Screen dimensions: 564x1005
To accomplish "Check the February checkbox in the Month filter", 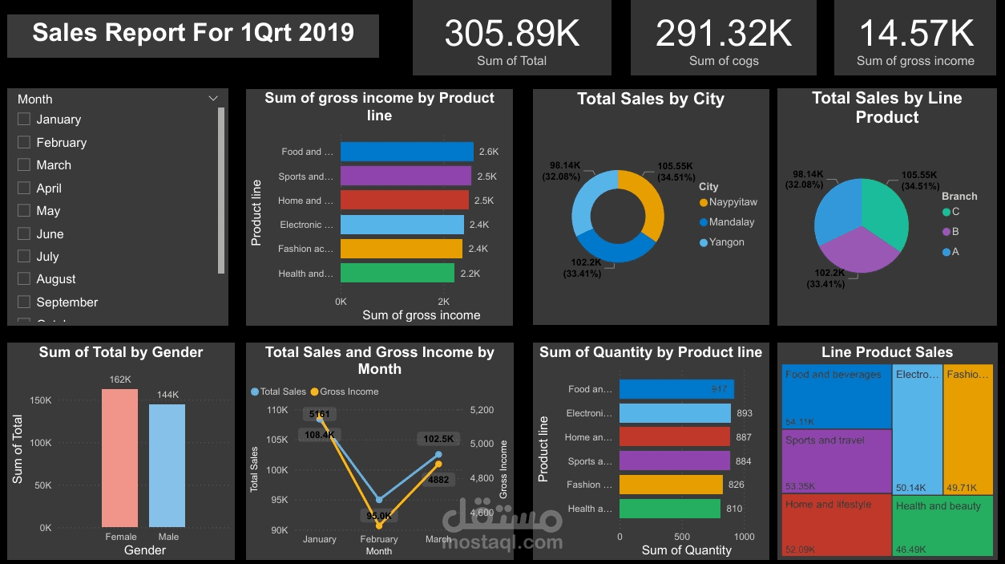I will (24, 142).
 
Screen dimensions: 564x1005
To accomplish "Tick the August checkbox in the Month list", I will (24, 279).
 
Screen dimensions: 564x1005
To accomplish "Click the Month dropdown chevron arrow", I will (213, 99).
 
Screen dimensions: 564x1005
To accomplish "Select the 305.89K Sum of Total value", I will (511, 34).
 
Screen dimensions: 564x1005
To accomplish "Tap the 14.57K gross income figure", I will (915, 34).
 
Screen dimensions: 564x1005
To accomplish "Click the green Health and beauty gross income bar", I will (397, 273).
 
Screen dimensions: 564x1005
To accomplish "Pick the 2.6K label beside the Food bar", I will (489, 152).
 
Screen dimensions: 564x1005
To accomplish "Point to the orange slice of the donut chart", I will (652, 201).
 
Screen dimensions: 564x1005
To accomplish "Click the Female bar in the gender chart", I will (119, 457).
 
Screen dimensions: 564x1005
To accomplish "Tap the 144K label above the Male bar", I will (167, 395).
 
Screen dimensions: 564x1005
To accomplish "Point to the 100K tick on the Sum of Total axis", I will (40, 443).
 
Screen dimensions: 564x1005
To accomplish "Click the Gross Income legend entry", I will (349, 392).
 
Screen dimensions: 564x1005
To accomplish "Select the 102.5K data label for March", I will (438, 439).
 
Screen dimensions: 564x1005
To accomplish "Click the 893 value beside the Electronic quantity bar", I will (745, 413).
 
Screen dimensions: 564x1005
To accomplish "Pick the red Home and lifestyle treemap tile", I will (836, 525).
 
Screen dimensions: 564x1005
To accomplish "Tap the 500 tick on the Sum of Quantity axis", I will (682, 537).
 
